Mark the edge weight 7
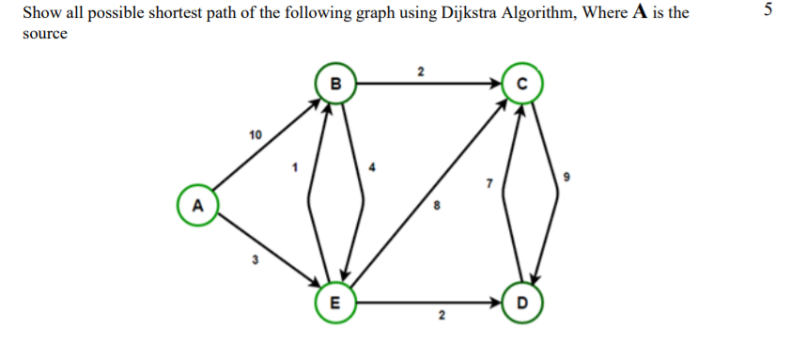[489, 183]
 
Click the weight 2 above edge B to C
[421, 70]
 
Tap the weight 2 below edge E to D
[434, 322]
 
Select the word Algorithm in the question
[545, 14]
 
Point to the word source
[44, 34]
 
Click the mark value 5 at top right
[768, 11]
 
